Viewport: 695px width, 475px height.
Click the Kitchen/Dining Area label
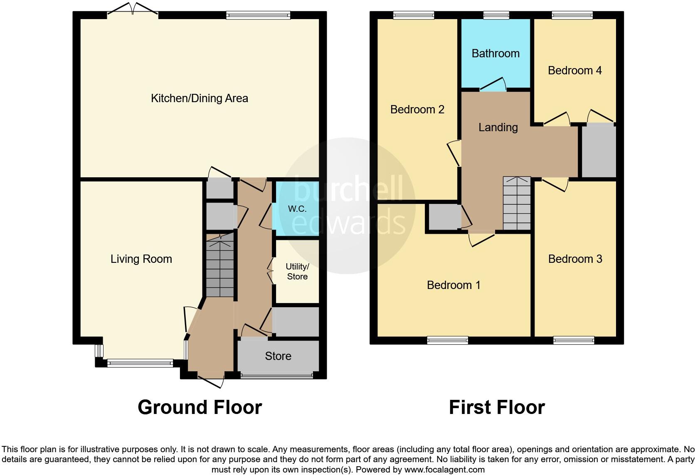199,98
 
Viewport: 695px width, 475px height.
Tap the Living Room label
141,259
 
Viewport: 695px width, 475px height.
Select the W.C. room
297,209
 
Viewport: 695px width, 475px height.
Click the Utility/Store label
297,272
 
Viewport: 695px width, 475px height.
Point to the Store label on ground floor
278,356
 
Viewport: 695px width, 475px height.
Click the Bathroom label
495,54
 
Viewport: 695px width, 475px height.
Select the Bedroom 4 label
574,71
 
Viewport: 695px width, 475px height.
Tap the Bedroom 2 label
417,110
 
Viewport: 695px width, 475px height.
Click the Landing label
498,127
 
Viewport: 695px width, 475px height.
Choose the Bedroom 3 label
575,259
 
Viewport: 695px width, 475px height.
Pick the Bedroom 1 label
453,285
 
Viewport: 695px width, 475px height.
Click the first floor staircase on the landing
517,203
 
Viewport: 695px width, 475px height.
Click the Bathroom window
496,15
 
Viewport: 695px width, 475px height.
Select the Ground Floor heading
200,407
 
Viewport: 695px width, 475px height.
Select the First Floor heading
497,407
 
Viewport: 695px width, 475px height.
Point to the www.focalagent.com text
444,470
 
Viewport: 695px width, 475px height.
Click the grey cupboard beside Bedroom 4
599,152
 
